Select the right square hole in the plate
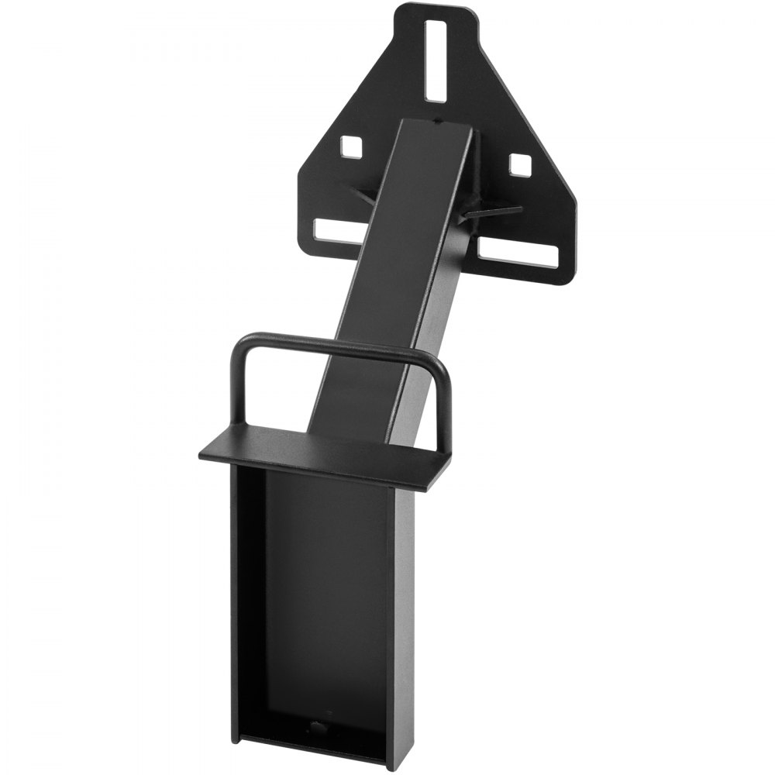pyautogui.click(x=521, y=164)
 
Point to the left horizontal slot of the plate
pyautogui.click(x=338, y=230)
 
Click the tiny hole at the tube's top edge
pyautogui.click(x=439, y=122)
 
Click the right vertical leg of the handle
pyautogui.click(x=444, y=411)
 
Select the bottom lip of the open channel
pyautogui.click(x=310, y=748)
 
